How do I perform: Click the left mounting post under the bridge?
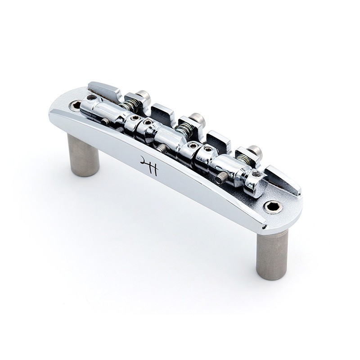coord(83,155)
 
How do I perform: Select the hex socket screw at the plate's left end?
coord(75,106)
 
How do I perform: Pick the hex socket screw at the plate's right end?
coord(273,207)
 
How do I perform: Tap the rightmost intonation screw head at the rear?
coord(255,151)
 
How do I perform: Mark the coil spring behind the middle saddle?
coord(183,131)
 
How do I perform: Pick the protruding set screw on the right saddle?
coord(220,178)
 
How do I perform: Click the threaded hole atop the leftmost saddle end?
coord(92,97)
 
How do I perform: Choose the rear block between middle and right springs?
coord(218,139)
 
